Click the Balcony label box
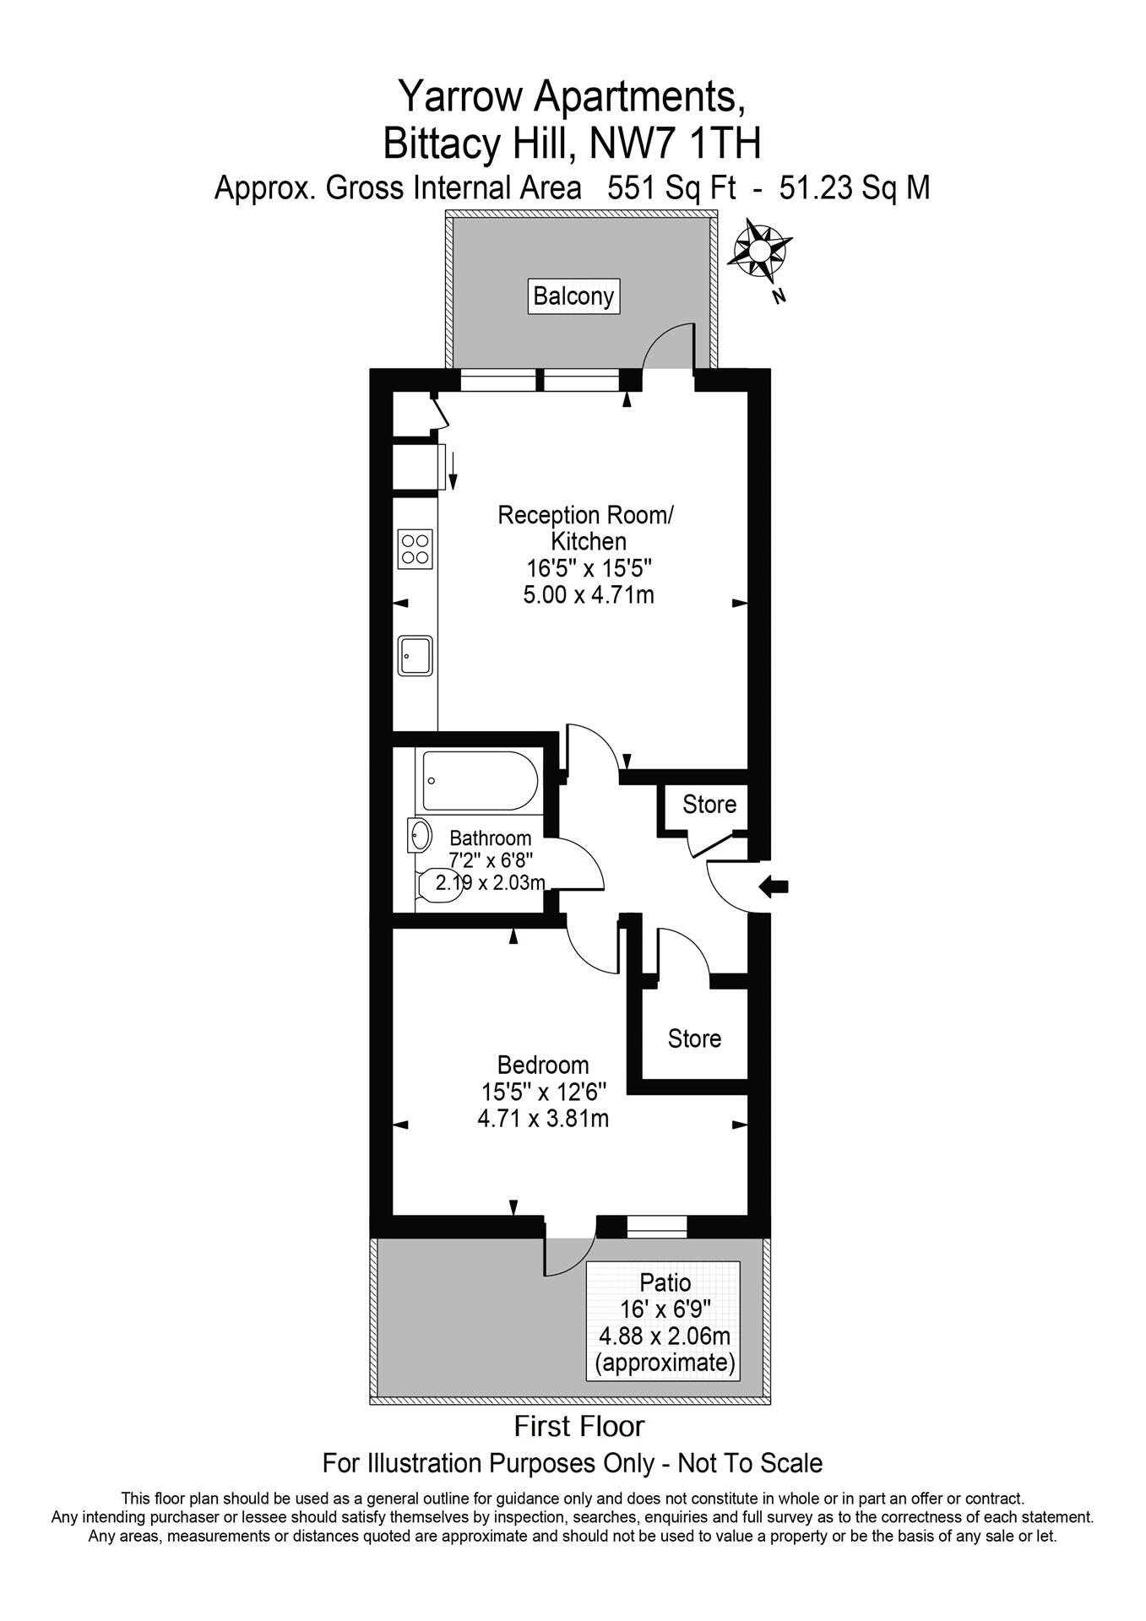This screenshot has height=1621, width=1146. [x=574, y=296]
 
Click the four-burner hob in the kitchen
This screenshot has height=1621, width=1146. [x=415, y=549]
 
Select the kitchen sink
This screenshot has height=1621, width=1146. [x=415, y=655]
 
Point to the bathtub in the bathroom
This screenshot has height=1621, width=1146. [x=479, y=780]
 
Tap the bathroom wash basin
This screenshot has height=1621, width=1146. [x=420, y=836]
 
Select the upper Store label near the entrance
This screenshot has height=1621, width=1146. [x=709, y=805]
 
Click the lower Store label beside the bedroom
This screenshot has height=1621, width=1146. [x=694, y=1038]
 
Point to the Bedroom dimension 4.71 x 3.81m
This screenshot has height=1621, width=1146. [x=543, y=1119]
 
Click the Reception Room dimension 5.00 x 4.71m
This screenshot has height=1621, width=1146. [x=589, y=594]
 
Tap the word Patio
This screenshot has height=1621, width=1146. [x=665, y=1283]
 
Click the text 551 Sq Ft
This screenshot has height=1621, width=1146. [x=663, y=187]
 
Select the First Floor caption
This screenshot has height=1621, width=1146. [x=579, y=1427]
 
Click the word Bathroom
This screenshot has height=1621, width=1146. [x=490, y=838]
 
